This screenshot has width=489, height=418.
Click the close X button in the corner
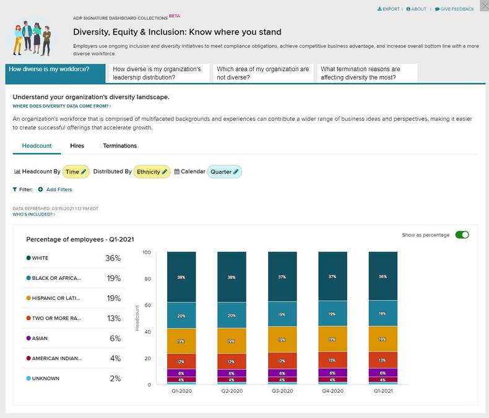pyautogui.click(x=483, y=6)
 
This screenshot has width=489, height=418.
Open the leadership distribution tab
pyautogui.click(x=158, y=73)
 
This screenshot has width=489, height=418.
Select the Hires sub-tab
pyautogui.click(x=77, y=146)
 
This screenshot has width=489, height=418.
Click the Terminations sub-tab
pyautogui.click(x=120, y=146)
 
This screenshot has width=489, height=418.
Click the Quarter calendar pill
pyautogui.click(x=224, y=172)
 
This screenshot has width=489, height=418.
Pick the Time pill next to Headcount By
pyautogui.click(x=76, y=172)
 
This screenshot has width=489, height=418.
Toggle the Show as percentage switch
pyautogui.click(x=462, y=235)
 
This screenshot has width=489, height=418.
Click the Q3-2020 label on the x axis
pyautogui.click(x=282, y=391)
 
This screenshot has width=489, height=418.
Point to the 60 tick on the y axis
pyautogui.click(x=147, y=305)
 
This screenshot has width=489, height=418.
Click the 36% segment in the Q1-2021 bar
pyautogui.click(x=383, y=276)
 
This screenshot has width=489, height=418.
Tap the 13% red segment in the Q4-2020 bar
pyautogui.click(x=332, y=360)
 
